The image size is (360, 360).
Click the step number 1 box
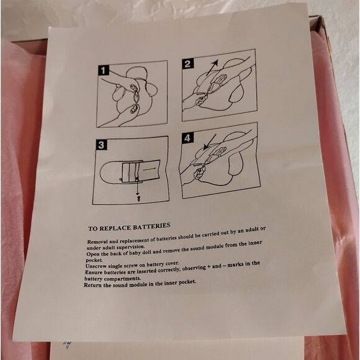103,70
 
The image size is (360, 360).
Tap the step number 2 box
188,63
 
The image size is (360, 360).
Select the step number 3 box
101,145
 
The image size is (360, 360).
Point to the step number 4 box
187,138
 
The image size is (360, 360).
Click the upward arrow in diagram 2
212,68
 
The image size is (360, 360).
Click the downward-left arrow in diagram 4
210,142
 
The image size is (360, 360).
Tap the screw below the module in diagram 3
138,199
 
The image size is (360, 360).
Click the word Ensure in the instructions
94,272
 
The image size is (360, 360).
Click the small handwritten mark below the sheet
68,344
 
